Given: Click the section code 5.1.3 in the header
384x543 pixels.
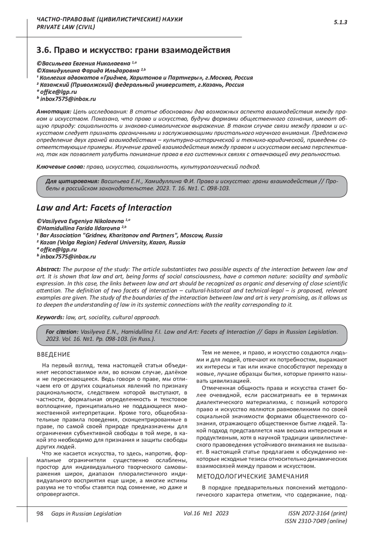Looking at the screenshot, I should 340,22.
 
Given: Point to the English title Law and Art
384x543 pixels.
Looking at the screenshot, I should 104,208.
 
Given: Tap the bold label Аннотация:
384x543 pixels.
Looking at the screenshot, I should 54,112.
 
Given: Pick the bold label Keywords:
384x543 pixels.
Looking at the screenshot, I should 50,317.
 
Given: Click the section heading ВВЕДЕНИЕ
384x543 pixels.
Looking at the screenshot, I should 53,355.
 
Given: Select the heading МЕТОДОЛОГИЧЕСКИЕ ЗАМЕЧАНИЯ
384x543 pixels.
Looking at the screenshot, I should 252,476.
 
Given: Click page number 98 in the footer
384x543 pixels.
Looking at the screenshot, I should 40,514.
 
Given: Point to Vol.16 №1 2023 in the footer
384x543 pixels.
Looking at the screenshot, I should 206,513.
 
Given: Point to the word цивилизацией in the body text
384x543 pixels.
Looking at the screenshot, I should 233,381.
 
